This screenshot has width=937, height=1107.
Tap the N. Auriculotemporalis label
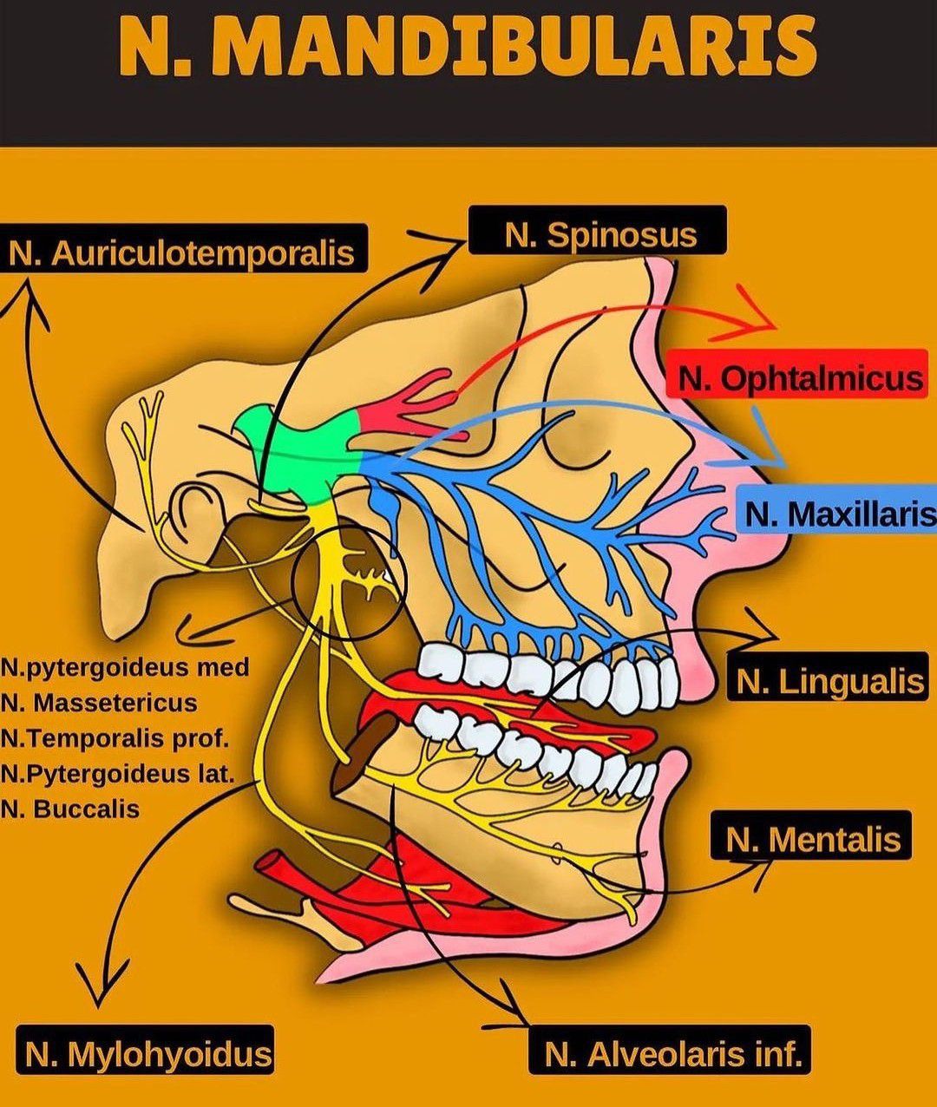tap(181, 252)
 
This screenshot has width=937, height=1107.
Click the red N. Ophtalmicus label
tap(798, 378)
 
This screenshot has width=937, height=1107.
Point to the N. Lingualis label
tap(829, 681)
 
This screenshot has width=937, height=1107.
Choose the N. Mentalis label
tap(812, 838)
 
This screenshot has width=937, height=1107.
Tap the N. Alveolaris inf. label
tap(672, 1054)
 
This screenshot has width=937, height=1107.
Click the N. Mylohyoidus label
tap(147, 1054)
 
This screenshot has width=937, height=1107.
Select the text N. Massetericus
tap(99, 703)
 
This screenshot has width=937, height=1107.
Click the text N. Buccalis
tap(70, 809)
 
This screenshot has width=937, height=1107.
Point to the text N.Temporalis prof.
tap(115, 738)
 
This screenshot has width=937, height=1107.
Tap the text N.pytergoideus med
tap(125, 667)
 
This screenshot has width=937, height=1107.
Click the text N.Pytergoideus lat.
tap(118, 773)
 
